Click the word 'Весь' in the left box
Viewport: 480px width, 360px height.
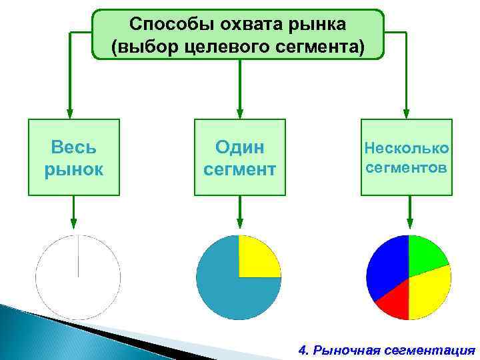click(73, 147)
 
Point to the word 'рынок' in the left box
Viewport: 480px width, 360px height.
click(73, 169)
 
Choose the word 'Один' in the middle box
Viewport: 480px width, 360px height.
click(239, 147)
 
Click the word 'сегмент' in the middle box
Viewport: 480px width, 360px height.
click(239, 169)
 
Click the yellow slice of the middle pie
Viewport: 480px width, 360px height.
click(257, 257)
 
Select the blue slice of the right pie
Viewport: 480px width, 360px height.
click(387, 267)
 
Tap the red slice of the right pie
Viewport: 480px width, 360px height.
click(393, 300)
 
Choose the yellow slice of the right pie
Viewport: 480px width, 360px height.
click(430, 293)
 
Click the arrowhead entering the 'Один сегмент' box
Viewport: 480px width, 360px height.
click(239, 113)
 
